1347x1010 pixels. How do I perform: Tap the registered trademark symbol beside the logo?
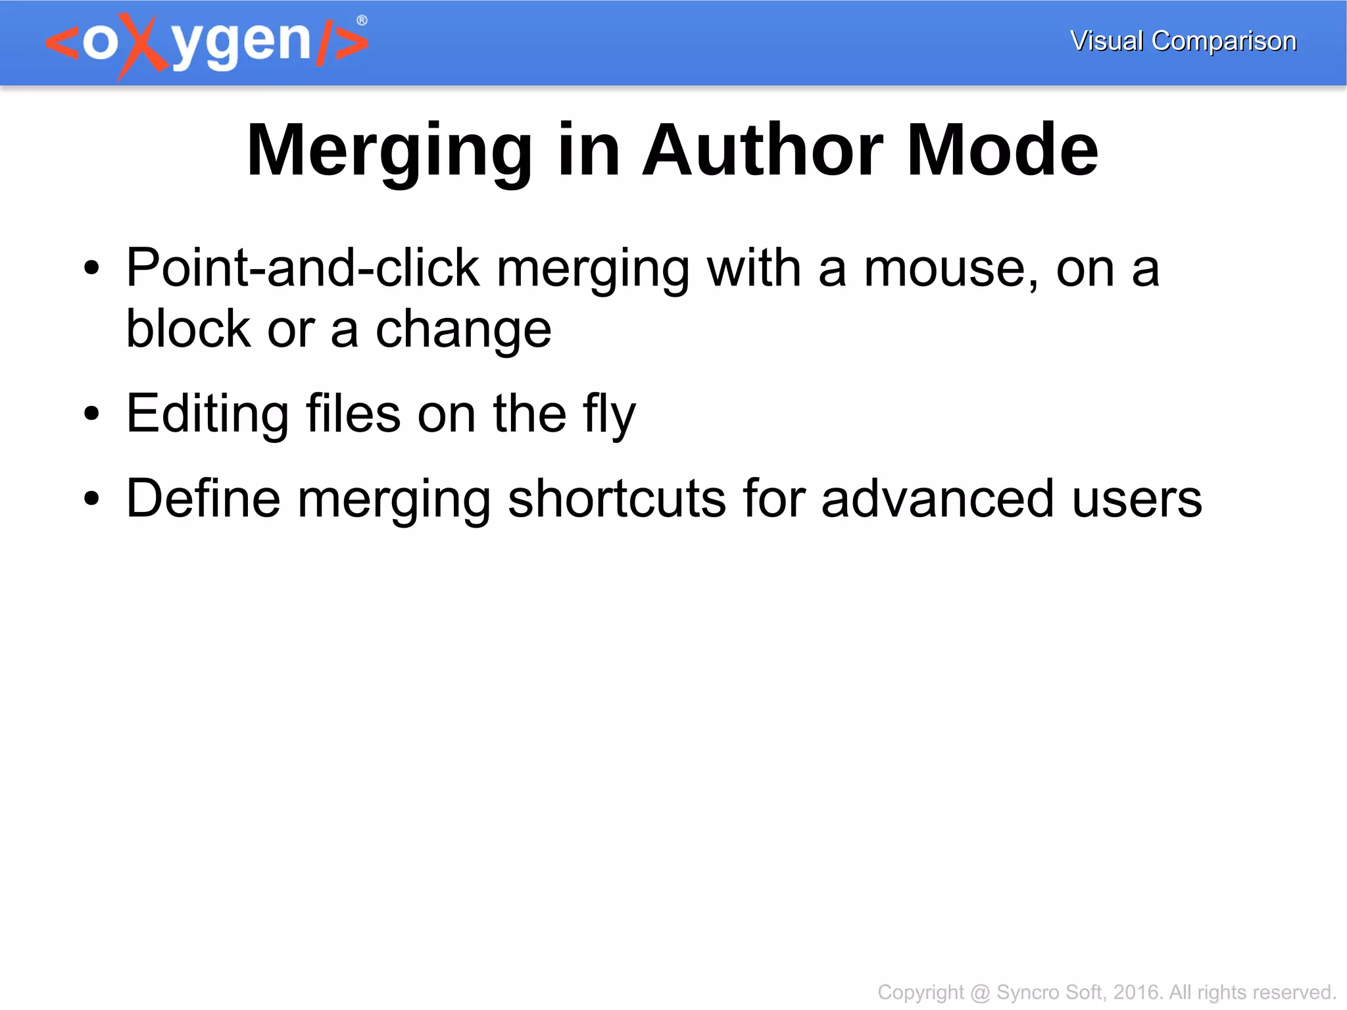tap(362, 20)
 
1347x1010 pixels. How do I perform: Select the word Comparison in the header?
tap(1224, 41)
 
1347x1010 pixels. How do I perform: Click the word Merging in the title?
tap(389, 151)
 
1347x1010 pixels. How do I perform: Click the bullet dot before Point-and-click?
tap(92, 268)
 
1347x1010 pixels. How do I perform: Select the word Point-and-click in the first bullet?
tap(303, 268)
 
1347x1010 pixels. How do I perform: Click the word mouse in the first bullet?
tap(951, 270)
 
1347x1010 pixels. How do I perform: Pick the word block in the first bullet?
tap(188, 328)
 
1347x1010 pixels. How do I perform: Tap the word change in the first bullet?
tap(463, 330)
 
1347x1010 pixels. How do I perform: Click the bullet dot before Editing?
tap(92, 414)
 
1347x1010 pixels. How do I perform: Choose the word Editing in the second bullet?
tap(207, 415)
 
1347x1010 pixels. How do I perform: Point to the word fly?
tap(609, 415)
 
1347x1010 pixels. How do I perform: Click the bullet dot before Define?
tap(92, 499)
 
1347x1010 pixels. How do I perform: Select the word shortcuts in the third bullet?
tap(618, 499)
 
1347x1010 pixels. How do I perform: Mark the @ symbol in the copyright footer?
tap(980, 992)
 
